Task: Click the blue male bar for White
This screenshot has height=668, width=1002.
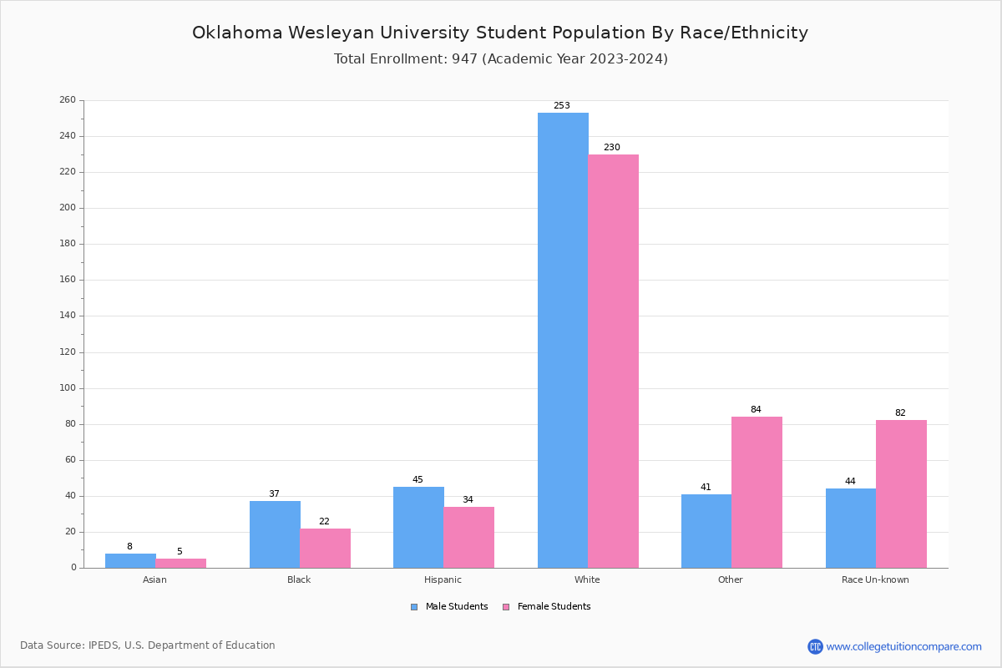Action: (563, 340)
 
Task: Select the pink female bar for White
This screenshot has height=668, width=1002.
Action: (613, 361)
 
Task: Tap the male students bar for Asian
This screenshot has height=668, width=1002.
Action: (130, 560)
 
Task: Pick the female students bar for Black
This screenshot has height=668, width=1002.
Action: (325, 548)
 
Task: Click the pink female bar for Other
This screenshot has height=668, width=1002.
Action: (757, 492)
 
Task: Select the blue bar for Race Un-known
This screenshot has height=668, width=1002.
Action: (851, 528)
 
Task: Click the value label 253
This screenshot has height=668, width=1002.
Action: (562, 106)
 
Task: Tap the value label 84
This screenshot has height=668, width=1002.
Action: (756, 410)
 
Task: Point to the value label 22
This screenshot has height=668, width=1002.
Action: (324, 522)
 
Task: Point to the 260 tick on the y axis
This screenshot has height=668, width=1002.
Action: (68, 100)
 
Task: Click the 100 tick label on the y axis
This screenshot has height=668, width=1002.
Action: (68, 388)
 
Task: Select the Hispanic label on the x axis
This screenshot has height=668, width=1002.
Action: (443, 579)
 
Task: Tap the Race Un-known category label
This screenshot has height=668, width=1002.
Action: (875, 579)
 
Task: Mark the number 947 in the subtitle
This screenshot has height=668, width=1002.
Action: (464, 59)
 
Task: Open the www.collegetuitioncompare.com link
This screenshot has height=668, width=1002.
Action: (903, 646)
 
